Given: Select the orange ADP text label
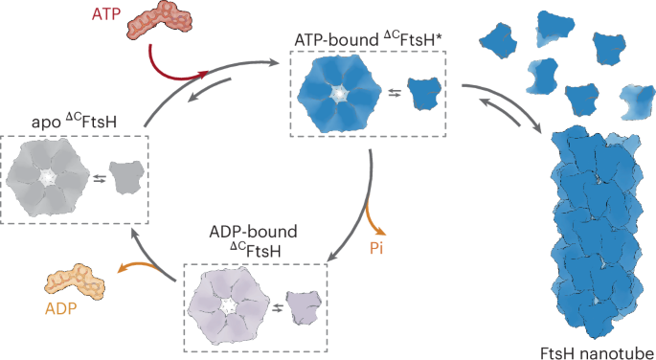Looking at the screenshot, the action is pyautogui.click(x=60, y=309).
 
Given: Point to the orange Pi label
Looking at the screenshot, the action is pyautogui.click(x=376, y=248).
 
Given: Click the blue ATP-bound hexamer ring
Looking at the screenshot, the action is pyautogui.click(x=339, y=95).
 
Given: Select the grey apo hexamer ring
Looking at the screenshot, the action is pyautogui.click(x=48, y=177).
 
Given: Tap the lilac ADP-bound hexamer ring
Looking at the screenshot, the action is pyautogui.click(x=229, y=307).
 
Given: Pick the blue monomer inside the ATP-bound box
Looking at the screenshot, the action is pyautogui.click(x=424, y=93).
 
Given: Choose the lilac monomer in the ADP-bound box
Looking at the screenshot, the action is pyautogui.click(x=304, y=307).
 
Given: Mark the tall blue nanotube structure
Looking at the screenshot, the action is pyautogui.click(x=596, y=232).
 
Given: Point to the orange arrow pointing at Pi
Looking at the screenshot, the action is pyautogui.click(x=373, y=219).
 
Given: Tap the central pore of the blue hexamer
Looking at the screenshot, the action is pyautogui.click(x=339, y=95).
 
